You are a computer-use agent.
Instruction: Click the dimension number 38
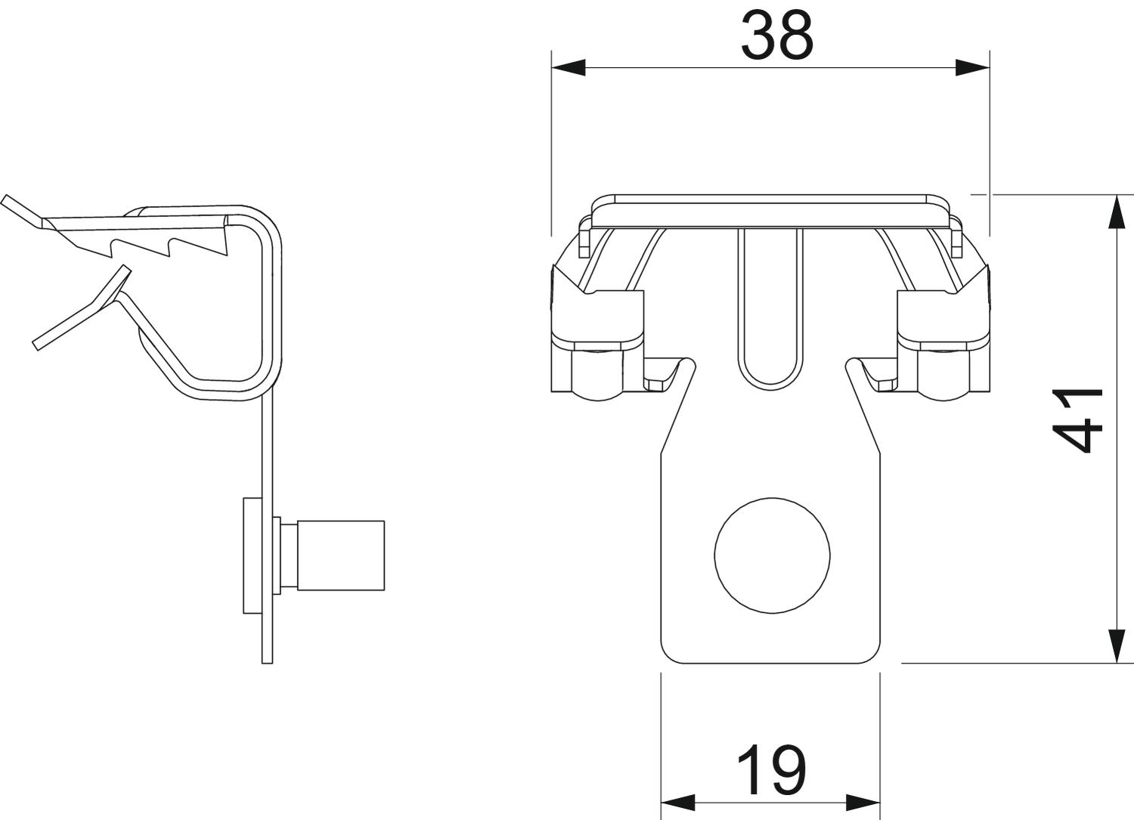778,36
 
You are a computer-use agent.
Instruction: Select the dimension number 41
1078,421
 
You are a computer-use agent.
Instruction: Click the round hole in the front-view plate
772,555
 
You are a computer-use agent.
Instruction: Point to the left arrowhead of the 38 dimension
568,67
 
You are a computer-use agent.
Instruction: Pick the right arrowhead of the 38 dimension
972,67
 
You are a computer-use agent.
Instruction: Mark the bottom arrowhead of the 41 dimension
1117,646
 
